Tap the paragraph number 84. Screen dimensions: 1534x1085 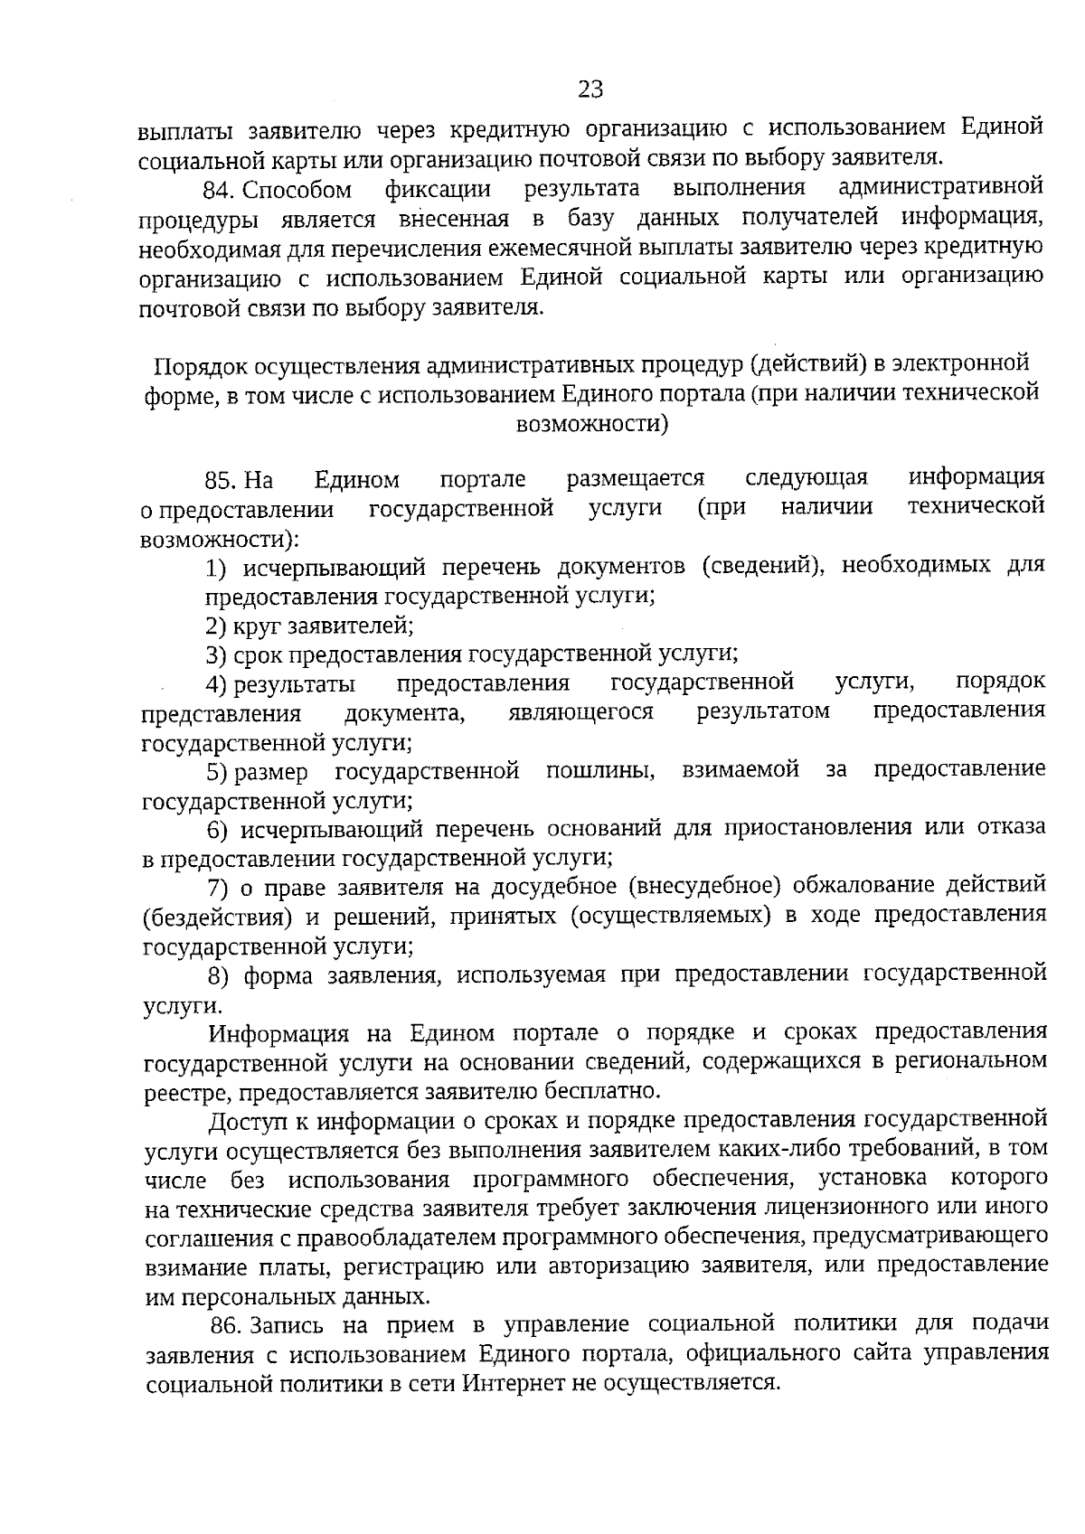(219, 190)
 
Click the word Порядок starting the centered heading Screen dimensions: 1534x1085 (198, 365)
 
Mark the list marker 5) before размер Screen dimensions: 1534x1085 (218, 772)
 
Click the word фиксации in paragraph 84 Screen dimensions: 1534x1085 (439, 190)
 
